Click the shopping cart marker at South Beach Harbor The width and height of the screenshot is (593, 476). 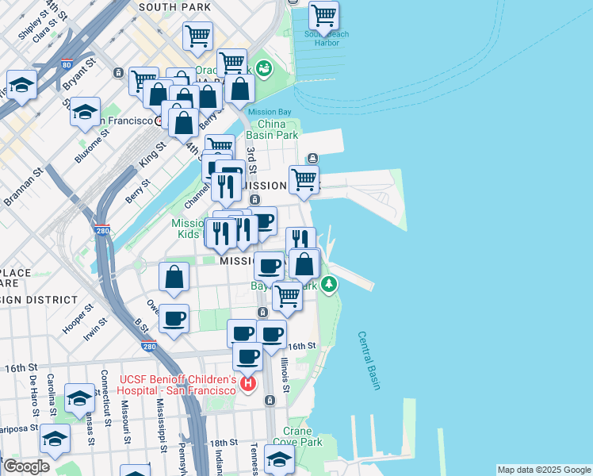323,16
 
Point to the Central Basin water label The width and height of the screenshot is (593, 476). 369,361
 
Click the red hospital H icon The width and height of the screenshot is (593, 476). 248,385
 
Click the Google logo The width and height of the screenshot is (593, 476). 25,466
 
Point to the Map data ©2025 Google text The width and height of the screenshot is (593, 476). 543,470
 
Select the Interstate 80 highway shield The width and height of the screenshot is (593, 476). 65,64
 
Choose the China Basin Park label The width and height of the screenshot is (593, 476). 272,129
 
